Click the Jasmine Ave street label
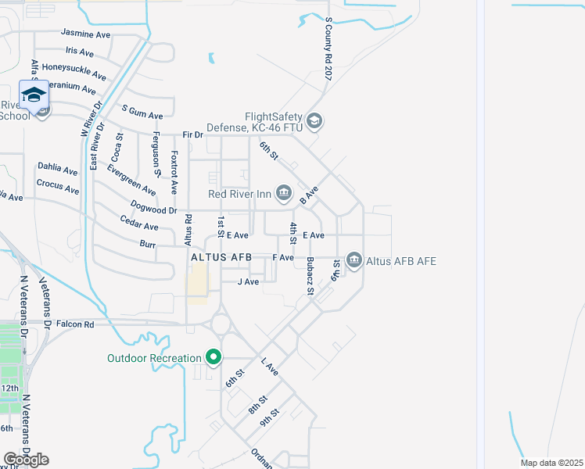86,34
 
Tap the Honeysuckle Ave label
74,71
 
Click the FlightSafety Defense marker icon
314,120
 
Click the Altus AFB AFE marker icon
354,260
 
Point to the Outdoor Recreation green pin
213,358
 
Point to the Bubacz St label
310,276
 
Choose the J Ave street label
248,281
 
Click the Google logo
26,460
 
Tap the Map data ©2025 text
551,463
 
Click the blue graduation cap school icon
34,95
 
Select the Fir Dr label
192,135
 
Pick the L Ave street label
270,367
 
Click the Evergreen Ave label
131,180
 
